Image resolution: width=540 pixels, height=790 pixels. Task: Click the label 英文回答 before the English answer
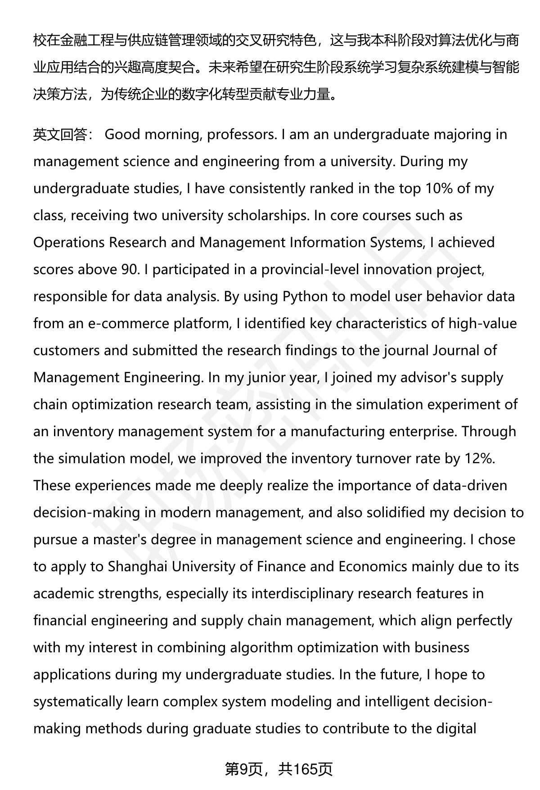click(x=60, y=135)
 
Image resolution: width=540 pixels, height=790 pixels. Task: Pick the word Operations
click(x=69, y=243)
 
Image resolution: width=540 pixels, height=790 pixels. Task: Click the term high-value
click(x=482, y=324)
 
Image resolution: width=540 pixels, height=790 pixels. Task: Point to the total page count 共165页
click(x=305, y=769)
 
